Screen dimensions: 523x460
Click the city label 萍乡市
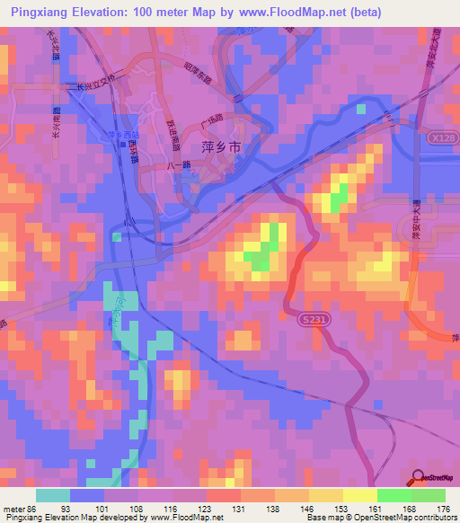(217, 145)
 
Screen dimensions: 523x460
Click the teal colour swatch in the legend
(52, 495)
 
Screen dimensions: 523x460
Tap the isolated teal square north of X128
(361, 109)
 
